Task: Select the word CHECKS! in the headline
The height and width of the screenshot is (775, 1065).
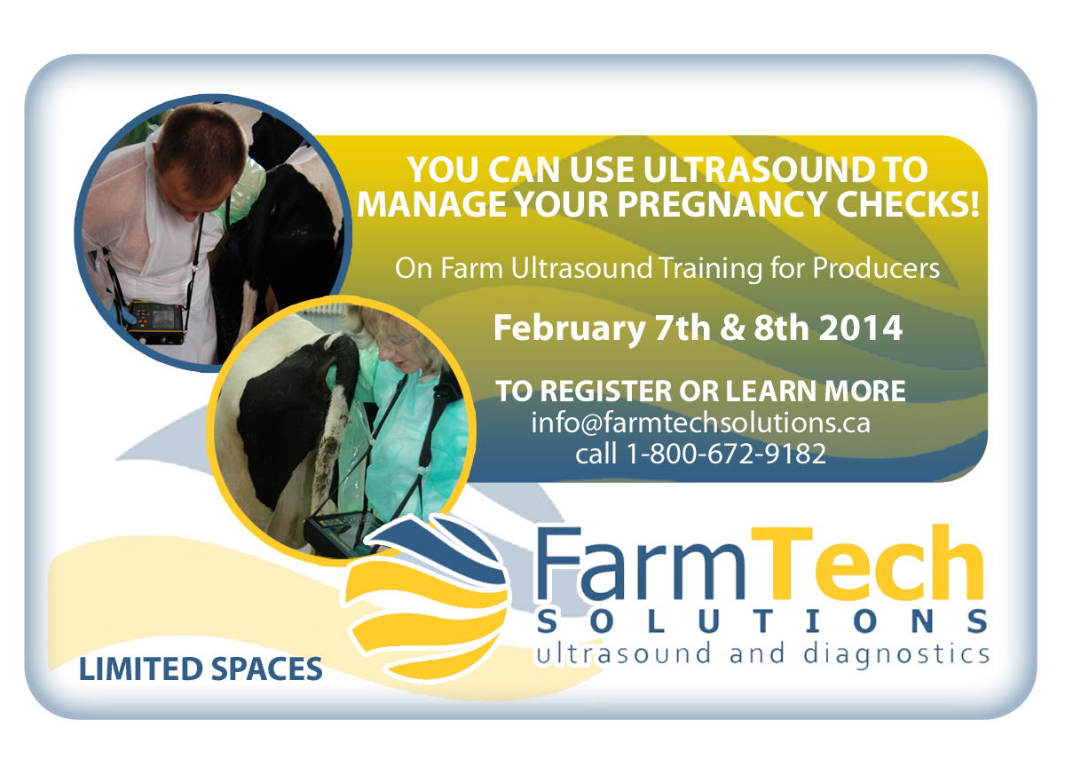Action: click(x=908, y=204)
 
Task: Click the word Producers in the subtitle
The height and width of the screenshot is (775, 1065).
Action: click(x=876, y=268)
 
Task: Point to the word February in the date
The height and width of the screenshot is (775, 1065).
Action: click(x=570, y=329)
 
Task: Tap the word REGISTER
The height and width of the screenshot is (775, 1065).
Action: click(x=605, y=391)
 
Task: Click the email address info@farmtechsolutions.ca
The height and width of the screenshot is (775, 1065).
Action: click(x=700, y=423)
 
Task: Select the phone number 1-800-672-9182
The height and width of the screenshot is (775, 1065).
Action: click(x=727, y=454)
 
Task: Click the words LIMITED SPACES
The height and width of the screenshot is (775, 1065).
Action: click(x=201, y=669)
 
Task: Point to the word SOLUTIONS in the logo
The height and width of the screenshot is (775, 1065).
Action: click(x=762, y=621)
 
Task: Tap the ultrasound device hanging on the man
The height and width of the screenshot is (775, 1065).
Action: click(x=154, y=321)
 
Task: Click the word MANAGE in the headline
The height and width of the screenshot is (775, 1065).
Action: click(x=430, y=204)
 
